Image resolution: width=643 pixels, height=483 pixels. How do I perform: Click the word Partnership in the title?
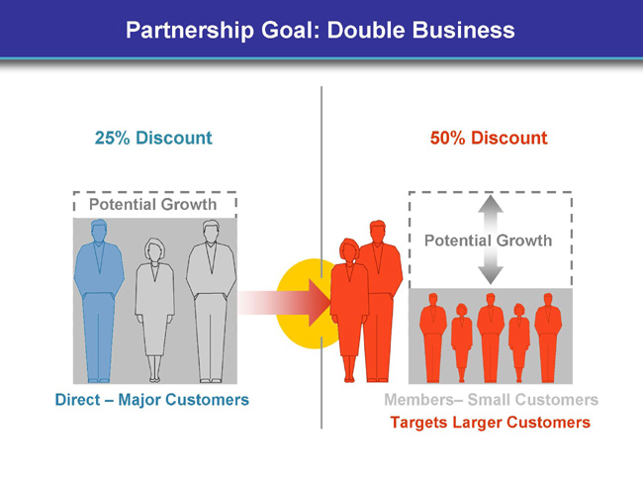pyautogui.click(x=190, y=31)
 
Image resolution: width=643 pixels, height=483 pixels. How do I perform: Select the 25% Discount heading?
pyautogui.click(x=153, y=138)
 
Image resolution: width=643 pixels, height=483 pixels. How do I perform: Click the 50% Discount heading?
pyautogui.click(x=489, y=138)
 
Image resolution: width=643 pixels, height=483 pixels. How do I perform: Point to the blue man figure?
pyautogui.click(x=99, y=301)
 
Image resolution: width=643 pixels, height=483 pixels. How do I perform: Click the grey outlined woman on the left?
pyautogui.click(x=154, y=310)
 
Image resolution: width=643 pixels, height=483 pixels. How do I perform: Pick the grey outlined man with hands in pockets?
pyautogui.click(x=211, y=302)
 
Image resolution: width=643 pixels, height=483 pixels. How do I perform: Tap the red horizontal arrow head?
pyautogui.click(x=320, y=303)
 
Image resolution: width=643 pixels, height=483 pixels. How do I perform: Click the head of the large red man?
pyautogui.click(x=377, y=231)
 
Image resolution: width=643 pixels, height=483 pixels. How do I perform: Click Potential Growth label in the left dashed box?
pyautogui.click(x=152, y=204)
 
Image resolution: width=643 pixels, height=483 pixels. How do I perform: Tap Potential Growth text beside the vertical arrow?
pyautogui.click(x=488, y=241)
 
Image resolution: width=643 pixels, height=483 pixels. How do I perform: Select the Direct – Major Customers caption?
pyautogui.click(x=152, y=400)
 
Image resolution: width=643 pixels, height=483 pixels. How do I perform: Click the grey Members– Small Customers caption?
pyautogui.click(x=492, y=400)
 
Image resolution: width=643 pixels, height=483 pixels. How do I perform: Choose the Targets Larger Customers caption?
pyautogui.click(x=490, y=423)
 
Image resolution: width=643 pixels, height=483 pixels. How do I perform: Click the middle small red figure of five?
pyautogui.click(x=491, y=338)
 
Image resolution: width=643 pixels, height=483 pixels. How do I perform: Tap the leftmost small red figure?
pyautogui.click(x=433, y=338)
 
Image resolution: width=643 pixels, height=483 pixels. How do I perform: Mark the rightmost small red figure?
pyautogui.click(x=548, y=338)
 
